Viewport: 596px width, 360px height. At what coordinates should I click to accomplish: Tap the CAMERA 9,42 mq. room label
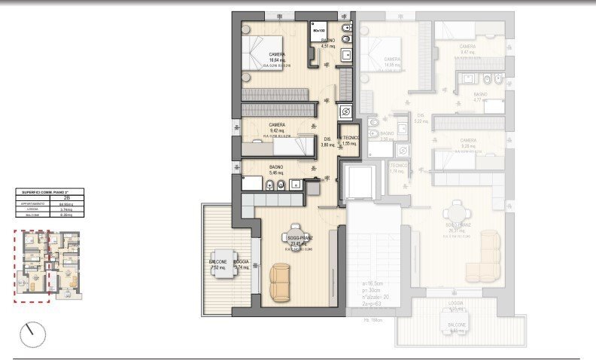(x=277, y=128)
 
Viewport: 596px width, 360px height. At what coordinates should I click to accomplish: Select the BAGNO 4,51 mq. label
(x=328, y=44)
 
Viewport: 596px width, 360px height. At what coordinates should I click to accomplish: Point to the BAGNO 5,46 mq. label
(x=277, y=169)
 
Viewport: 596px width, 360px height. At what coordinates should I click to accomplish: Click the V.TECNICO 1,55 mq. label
(x=348, y=141)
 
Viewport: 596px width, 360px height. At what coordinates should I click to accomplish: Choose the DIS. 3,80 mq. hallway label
(x=327, y=142)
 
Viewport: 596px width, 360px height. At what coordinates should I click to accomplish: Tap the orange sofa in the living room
(x=280, y=282)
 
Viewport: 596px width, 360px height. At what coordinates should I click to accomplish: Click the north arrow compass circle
(x=32, y=334)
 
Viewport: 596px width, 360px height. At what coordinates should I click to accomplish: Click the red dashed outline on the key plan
(x=31, y=267)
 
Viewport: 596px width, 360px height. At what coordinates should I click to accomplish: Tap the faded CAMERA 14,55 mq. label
(x=392, y=63)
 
